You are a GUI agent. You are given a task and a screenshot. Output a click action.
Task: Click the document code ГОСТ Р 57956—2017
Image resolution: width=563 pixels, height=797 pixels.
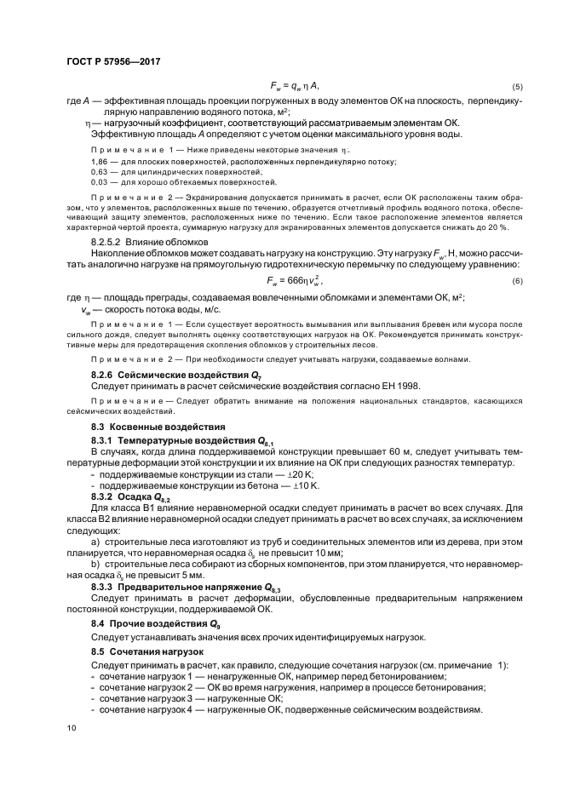pyautogui.click(x=113, y=61)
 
